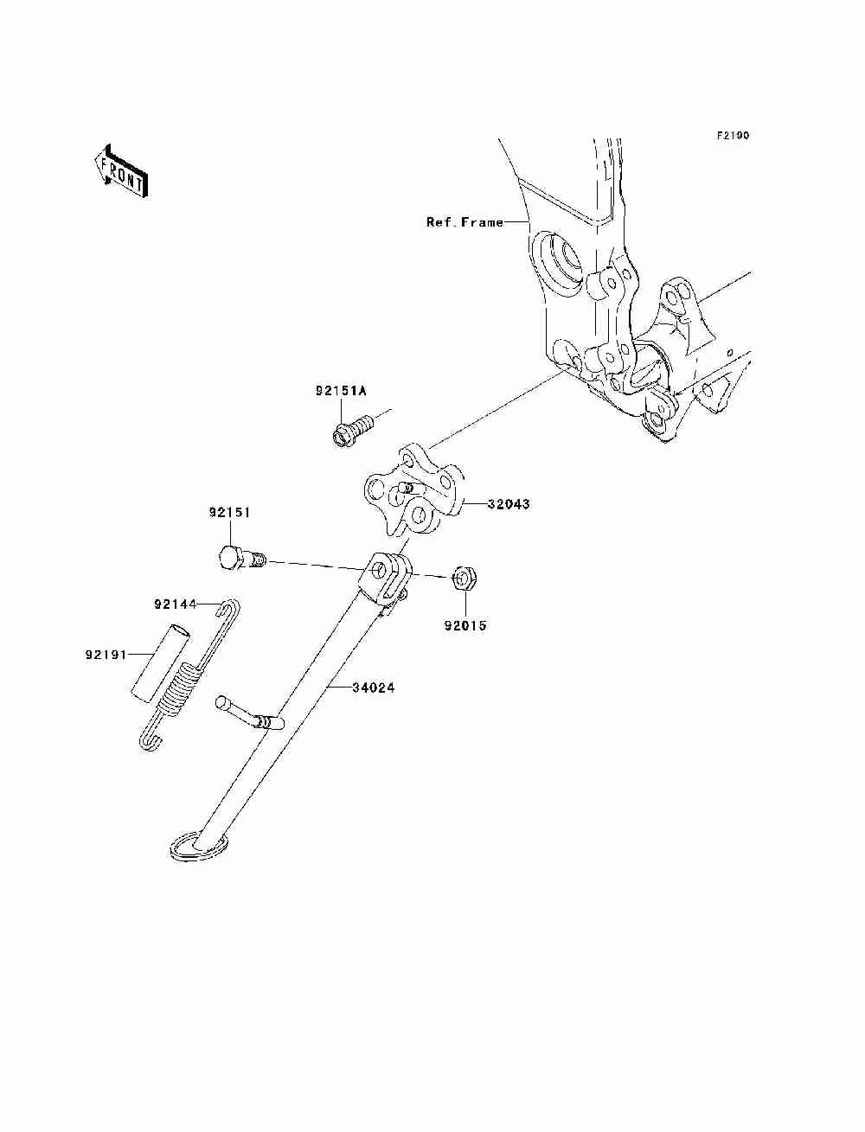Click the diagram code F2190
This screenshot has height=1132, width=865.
pyautogui.click(x=732, y=136)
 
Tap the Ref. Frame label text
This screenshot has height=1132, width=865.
pyautogui.click(x=465, y=222)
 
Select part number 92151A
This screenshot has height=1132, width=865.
pyautogui.click(x=341, y=391)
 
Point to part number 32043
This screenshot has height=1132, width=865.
pyautogui.click(x=508, y=503)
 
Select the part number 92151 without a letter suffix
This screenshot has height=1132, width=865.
pyautogui.click(x=229, y=512)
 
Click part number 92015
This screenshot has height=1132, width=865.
pyautogui.click(x=466, y=624)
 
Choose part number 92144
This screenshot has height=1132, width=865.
pyautogui.click(x=176, y=604)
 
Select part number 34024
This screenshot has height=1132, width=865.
pyautogui.click(x=374, y=688)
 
